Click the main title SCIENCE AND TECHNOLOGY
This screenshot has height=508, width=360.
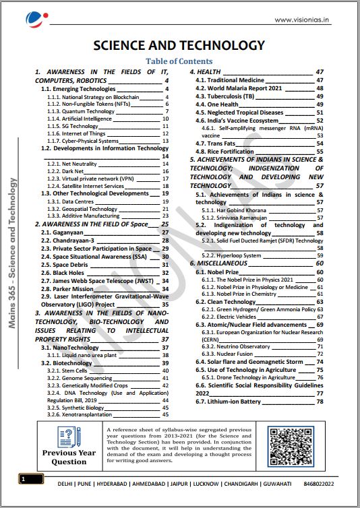click(x=179, y=46)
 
